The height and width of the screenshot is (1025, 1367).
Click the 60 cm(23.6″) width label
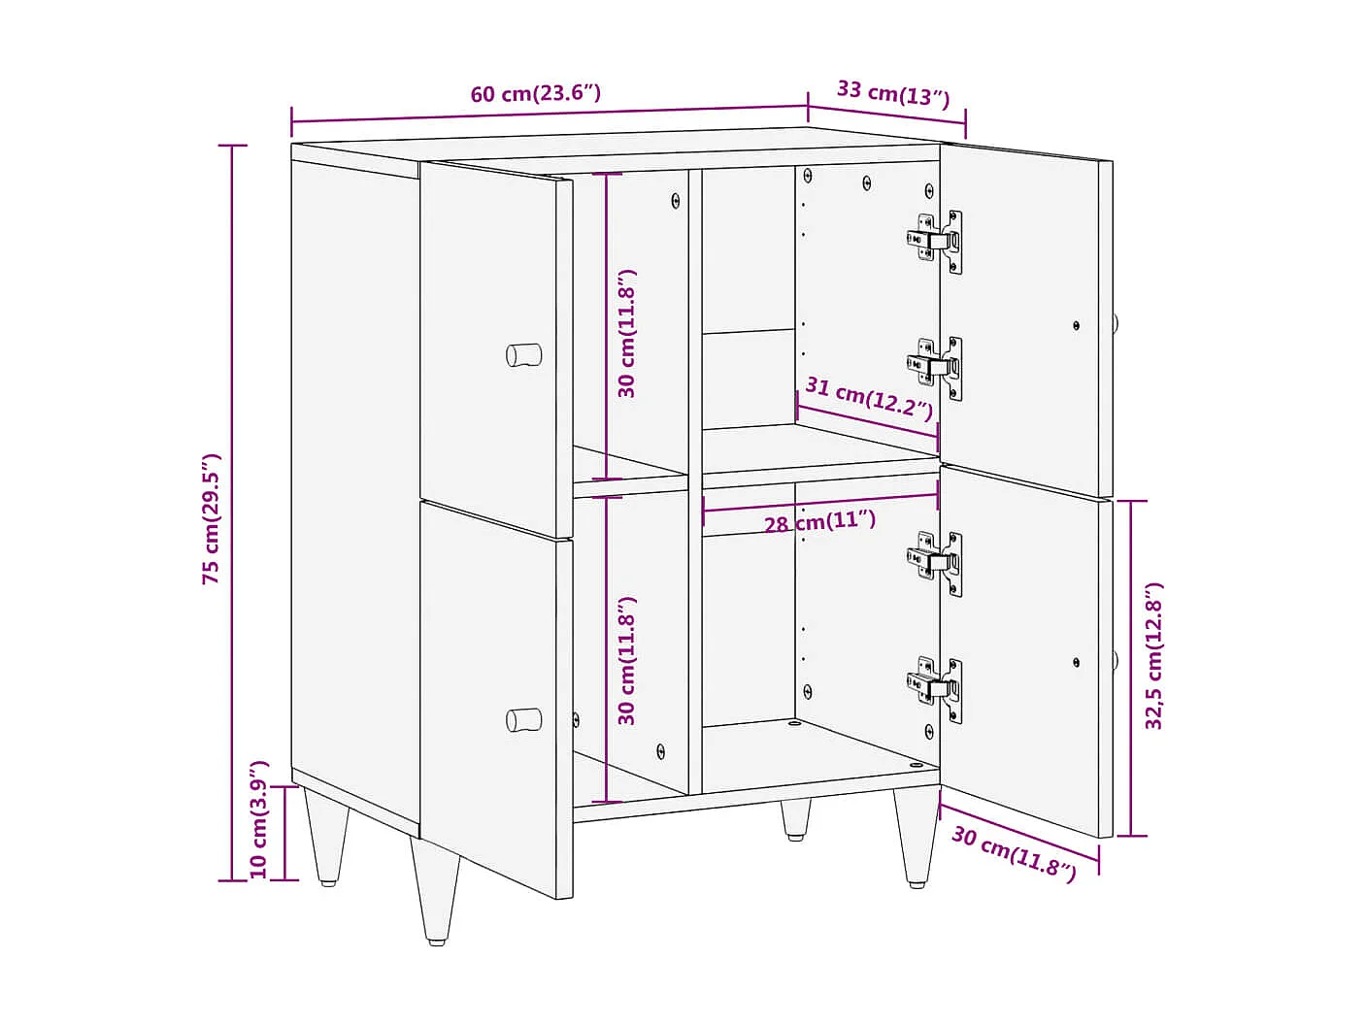pos(535,93)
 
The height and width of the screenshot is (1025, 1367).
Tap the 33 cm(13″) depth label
pos(892,93)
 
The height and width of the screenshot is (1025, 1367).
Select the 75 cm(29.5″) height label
pos(212,518)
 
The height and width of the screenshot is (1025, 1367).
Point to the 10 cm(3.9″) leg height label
pos(258,820)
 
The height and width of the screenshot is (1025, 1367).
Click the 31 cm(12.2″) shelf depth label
pos(869,398)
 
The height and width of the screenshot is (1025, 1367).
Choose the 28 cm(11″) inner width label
pos(819,522)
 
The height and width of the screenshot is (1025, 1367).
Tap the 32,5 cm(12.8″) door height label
pos(1153,656)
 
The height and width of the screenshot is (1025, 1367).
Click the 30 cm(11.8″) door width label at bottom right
pos(1014,853)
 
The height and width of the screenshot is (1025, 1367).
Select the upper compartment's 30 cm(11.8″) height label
pos(627,333)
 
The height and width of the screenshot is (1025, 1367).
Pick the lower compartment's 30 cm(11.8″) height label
pos(627,660)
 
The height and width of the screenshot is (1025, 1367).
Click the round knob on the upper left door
pos(524,354)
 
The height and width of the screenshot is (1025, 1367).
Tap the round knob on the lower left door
pos(524,719)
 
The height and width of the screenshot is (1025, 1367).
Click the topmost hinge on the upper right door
pos(936,240)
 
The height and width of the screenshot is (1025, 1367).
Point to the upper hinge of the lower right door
pos(936,561)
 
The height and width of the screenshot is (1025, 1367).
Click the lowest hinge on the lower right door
pos(936,687)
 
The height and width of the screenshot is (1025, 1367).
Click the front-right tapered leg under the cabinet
pos(916,835)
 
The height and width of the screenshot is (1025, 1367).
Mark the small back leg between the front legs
pos(796,819)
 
